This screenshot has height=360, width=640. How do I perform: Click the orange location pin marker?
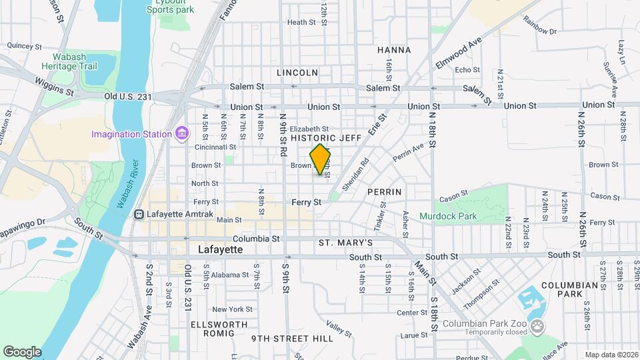(x=321, y=159)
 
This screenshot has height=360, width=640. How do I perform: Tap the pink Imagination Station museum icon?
(x=181, y=134)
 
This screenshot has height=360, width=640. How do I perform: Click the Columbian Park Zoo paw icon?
(x=538, y=326)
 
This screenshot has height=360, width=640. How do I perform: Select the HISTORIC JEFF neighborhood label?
(x=326, y=138)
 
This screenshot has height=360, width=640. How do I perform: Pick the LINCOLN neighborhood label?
(x=297, y=72)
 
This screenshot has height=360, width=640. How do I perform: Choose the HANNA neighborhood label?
(x=394, y=50)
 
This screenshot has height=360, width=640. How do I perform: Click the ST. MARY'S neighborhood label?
(x=345, y=242)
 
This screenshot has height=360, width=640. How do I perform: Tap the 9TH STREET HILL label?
(x=292, y=339)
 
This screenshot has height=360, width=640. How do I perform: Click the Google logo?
(x=22, y=351)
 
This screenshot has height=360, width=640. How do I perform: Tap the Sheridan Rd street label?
(x=355, y=175)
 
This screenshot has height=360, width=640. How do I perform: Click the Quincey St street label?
(x=25, y=46)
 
